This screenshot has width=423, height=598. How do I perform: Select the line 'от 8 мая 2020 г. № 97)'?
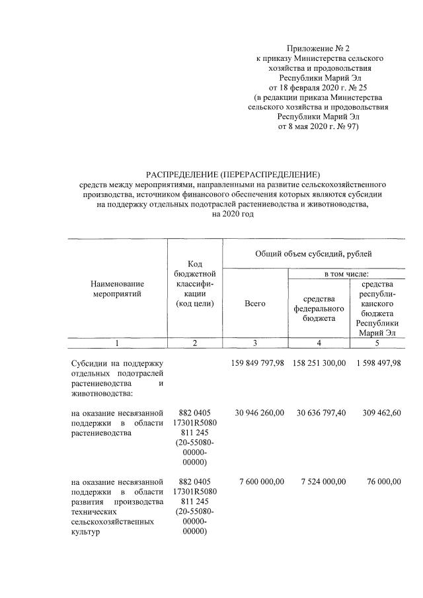317,125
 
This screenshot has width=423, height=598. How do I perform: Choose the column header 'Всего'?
254,303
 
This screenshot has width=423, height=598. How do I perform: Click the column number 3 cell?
254,343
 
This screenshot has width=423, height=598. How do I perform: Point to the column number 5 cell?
377,343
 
